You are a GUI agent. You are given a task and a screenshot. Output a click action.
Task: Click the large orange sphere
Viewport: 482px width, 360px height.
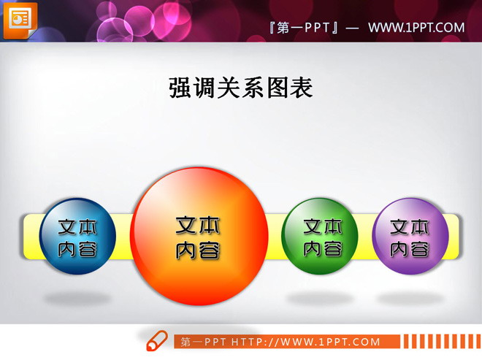pos(199,235)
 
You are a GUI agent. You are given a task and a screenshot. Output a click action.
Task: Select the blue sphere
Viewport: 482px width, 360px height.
pos(77,236)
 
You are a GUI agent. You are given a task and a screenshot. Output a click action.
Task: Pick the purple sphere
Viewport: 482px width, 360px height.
pos(410,235)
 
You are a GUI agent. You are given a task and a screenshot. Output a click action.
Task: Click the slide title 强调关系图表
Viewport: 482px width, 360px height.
pos(241,88)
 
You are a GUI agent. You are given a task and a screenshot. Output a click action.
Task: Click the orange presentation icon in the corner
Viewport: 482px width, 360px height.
pos(20,20)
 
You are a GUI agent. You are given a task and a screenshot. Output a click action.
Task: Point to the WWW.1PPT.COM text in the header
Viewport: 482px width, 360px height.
pos(416,28)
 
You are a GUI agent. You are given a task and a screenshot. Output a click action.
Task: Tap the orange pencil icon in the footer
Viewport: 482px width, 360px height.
pos(157,341)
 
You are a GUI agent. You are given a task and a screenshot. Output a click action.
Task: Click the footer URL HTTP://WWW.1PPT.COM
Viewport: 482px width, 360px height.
pos(306,342)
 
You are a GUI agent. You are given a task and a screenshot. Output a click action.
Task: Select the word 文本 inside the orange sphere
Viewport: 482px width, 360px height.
pos(199,225)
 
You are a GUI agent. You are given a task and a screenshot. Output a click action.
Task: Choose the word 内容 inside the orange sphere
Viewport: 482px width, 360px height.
pos(199,250)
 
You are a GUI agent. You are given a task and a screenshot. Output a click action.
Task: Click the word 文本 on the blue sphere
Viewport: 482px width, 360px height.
pos(77,226)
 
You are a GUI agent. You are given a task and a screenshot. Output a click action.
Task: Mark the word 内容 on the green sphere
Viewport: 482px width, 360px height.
pos(323,248)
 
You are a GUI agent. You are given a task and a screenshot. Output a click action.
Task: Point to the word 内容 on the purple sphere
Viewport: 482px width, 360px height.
pos(410,248)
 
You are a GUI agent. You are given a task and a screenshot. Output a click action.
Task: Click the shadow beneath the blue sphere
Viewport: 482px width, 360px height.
pos(77,299)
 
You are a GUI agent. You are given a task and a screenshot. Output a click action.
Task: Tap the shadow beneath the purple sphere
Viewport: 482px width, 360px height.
pos(410,298)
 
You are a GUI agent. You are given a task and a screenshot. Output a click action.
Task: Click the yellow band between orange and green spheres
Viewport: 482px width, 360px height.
pos(275,235)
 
